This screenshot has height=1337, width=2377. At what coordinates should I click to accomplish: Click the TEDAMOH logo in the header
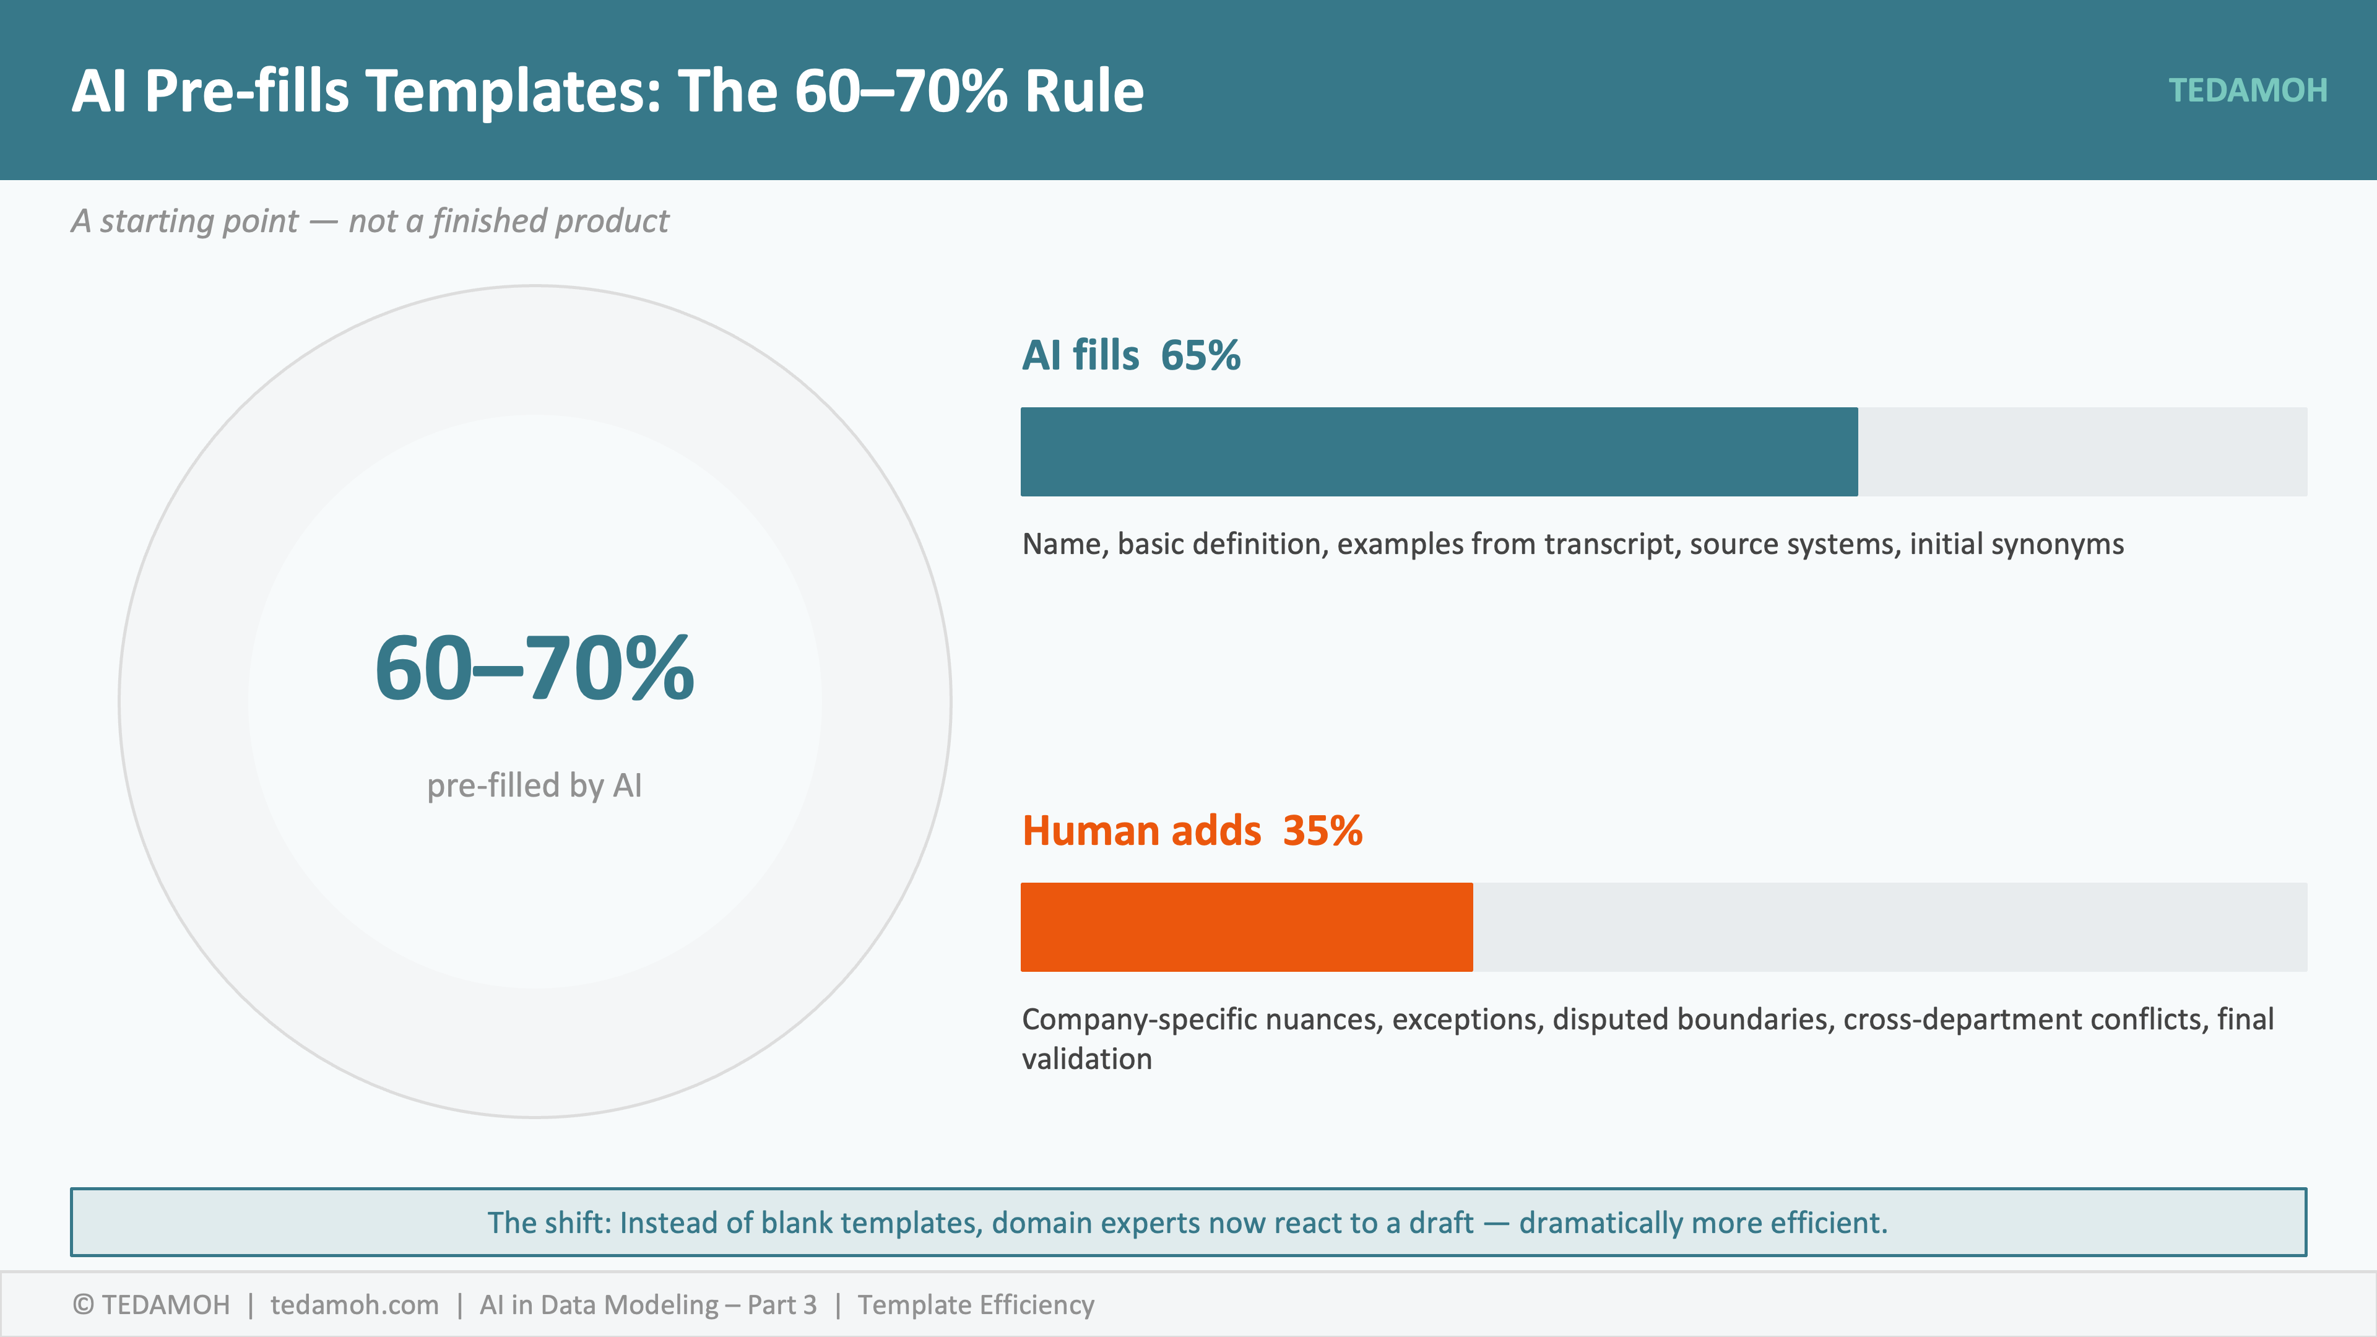coord(2247,90)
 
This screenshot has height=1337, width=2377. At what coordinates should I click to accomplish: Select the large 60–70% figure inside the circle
coord(534,668)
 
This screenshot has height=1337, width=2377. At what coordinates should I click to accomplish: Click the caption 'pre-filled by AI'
coord(534,785)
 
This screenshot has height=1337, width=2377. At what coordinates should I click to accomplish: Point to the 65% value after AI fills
coord(1200,355)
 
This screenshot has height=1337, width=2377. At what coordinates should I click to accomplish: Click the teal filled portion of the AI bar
coord(1439,452)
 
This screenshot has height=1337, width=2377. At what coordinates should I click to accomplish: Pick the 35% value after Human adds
coord(1322,831)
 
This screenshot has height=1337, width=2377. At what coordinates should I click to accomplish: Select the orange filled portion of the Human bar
coord(1245,927)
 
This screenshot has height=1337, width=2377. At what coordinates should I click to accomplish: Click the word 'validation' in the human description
coord(1087,1059)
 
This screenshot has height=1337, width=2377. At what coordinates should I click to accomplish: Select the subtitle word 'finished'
coord(489,222)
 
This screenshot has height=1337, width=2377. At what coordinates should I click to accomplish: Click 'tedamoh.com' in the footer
coord(354,1305)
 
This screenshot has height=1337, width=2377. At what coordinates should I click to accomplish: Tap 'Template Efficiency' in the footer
coord(976,1305)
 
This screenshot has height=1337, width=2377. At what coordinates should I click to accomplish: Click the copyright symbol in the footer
coord(83,1305)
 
